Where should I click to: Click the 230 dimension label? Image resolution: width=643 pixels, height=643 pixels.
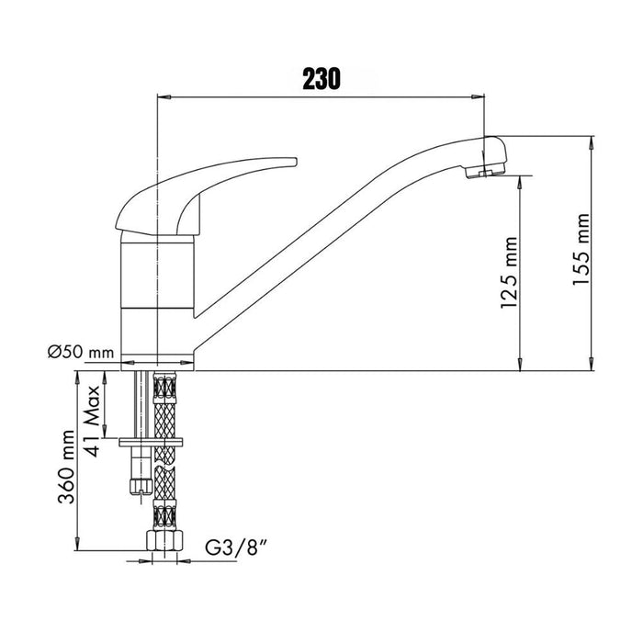click(321, 79)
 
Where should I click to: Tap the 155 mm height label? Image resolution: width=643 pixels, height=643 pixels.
click(581, 249)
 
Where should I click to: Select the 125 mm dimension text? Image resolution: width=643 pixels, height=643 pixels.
click(509, 272)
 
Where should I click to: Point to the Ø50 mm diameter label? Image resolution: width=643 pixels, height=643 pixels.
click(81, 352)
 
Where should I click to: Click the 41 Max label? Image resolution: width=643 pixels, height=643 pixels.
click(92, 421)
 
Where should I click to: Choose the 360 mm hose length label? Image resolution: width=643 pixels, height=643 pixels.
click(66, 467)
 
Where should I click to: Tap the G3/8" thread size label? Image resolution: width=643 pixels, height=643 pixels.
click(237, 547)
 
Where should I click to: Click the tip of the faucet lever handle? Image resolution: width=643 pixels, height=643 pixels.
click(295, 161)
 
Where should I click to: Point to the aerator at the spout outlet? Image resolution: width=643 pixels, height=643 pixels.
click(486, 171)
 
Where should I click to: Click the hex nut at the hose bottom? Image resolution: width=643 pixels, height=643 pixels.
click(164, 541)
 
